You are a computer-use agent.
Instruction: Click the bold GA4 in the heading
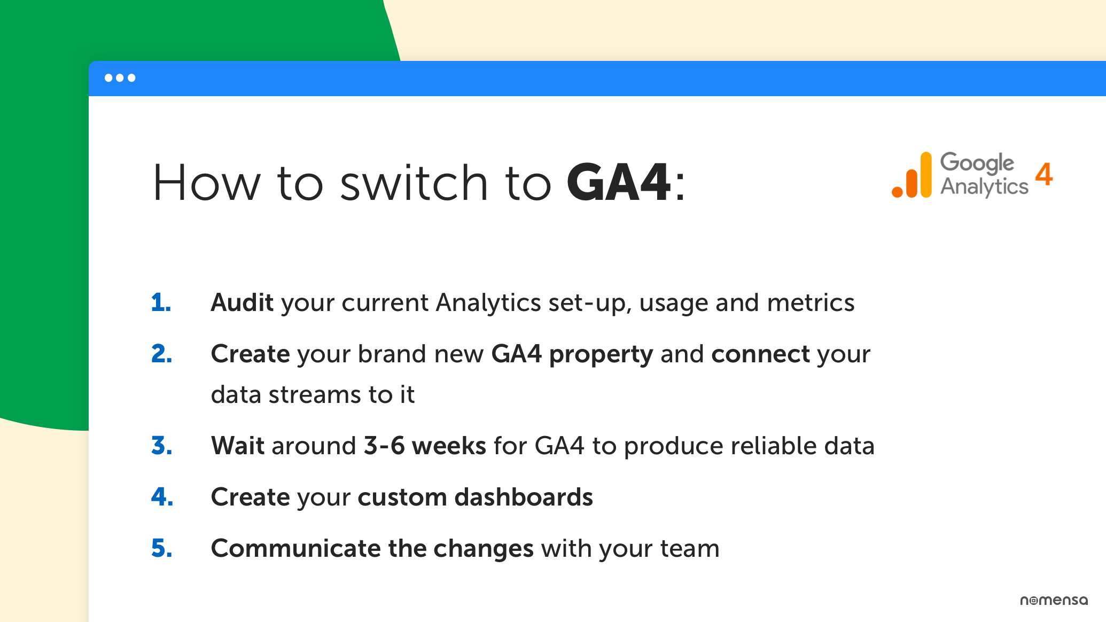618,183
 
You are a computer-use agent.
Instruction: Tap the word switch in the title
414,183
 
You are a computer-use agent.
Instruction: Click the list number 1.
161,302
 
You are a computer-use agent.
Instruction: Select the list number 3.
162,446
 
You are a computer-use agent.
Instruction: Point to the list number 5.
162,548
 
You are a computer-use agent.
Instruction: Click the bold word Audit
242,302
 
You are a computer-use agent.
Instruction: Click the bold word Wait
238,446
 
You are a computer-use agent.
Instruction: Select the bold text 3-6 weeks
425,446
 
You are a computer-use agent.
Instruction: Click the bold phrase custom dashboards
475,497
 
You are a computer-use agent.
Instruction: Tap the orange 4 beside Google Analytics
1043,174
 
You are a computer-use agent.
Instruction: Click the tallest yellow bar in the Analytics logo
926,174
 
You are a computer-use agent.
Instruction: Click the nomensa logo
1054,600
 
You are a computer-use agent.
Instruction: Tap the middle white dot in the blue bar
120,78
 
